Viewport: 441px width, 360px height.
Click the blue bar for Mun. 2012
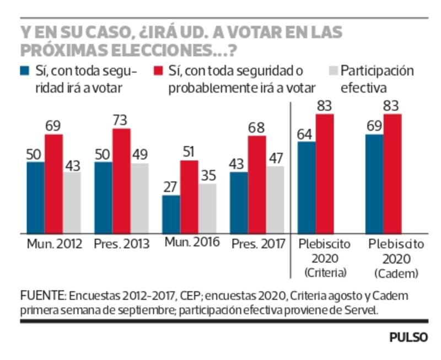(x=35, y=197)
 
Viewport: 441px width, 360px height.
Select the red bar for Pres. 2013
(x=121, y=180)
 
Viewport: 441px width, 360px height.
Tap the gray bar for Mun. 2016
(x=207, y=208)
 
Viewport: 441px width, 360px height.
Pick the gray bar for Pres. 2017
(x=275, y=199)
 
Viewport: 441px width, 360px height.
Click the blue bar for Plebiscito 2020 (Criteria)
(x=306, y=187)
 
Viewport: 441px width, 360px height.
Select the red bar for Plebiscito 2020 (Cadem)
(x=392, y=173)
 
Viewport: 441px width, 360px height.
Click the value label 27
(x=171, y=187)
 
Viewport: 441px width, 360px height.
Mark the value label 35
(x=207, y=175)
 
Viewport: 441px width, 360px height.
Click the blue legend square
(x=25, y=71)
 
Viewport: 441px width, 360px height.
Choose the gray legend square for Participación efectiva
(x=332, y=71)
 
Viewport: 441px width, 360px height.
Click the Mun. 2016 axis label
(x=191, y=243)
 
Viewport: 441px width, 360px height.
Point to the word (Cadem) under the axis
(x=395, y=273)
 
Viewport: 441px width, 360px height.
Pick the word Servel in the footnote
(x=362, y=310)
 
